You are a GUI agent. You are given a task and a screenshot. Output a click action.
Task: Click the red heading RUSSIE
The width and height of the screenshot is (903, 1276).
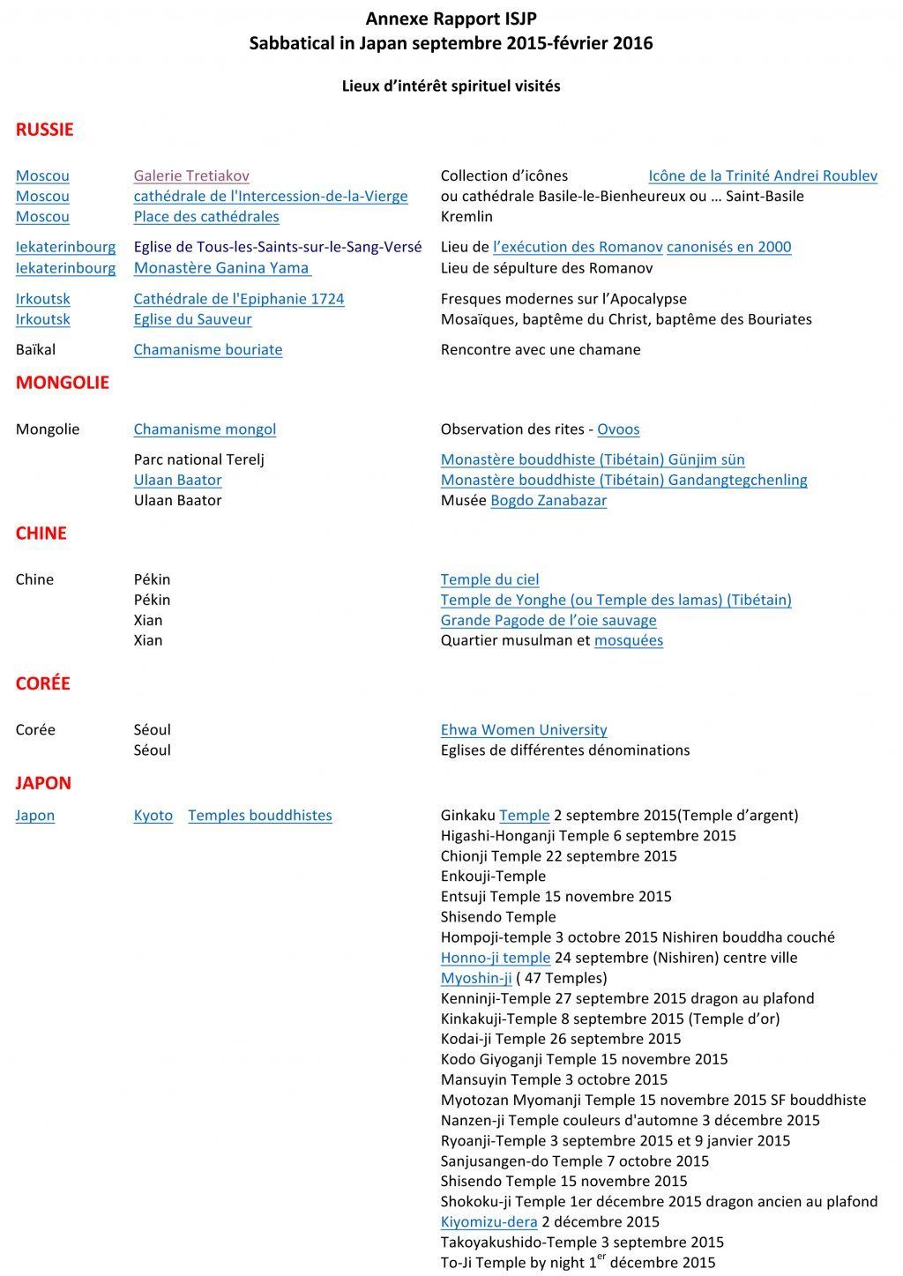tap(44, 130)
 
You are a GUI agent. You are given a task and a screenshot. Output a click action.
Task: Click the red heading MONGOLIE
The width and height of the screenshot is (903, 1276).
tap(63, 383)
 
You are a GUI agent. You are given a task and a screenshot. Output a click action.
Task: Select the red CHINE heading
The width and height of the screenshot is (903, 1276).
tap(41, 534)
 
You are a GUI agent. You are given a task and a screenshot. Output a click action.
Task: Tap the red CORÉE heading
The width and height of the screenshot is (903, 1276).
tap(42, 683)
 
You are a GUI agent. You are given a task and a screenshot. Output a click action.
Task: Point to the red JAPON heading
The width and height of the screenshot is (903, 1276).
tap(43, 783)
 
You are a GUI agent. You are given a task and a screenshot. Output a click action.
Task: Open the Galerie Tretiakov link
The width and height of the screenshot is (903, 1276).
tap(191, 176)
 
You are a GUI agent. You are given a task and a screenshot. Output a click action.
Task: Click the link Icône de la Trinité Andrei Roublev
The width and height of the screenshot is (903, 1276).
tap(763, 176)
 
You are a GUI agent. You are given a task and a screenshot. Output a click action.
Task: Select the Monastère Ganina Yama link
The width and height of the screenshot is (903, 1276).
tap(221, 268)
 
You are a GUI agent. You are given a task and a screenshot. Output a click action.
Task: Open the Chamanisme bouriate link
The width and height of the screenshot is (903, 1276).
tap(208, 350)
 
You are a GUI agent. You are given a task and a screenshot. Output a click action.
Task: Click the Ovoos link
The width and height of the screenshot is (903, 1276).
tap(618, 429)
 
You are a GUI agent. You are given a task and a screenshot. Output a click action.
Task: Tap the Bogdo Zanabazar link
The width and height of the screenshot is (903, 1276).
tap(549, 501)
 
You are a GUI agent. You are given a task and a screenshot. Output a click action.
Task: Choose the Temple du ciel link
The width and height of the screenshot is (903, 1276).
tap(489, 580)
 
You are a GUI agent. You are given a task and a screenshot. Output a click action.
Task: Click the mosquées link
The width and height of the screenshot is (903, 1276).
tap(628, 641)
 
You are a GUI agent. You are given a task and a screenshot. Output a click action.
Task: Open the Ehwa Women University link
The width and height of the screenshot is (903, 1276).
tap(524, 730)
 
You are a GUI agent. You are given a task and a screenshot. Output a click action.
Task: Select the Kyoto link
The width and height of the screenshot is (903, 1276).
tap(153, 816)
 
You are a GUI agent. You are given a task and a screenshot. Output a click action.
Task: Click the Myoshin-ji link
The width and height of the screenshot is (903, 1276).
tap(476, 978)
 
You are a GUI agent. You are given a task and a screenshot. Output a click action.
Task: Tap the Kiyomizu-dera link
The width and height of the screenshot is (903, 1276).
tap(489, 1222)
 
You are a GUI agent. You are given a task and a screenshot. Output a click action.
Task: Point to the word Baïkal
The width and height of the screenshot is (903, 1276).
tap(35, 350)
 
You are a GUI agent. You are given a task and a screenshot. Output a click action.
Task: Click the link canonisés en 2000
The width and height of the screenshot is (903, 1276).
tap(728, 248)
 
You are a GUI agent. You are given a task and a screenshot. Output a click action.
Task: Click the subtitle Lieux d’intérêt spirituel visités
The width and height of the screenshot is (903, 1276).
tap(451, 86)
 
